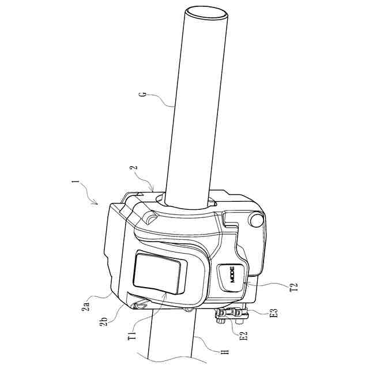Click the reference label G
(x=143, y=94)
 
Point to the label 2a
(x=86, y=306)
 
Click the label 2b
(x=104, y=321)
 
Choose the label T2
(x=294, y=287)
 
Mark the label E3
(x=274, y=313)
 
